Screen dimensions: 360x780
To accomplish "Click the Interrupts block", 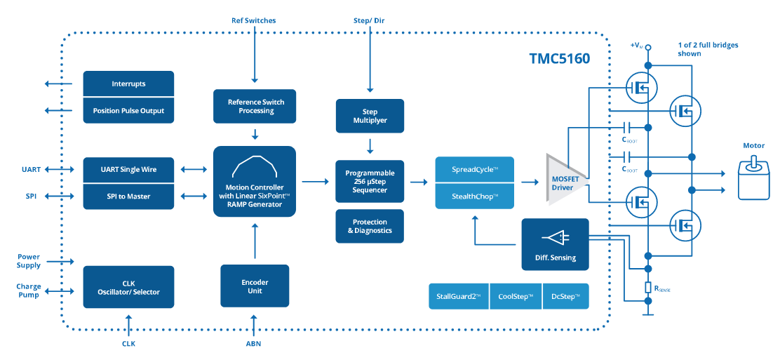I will coord(128,84).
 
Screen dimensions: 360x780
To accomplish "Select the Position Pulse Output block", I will coord(128,111).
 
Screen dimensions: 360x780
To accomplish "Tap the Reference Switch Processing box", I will coord(255,106).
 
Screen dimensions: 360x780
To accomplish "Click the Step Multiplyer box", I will coord(370,116).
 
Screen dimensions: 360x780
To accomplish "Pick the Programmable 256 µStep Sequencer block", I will coord(370,182).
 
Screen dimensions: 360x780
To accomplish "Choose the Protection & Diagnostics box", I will coord(370,226).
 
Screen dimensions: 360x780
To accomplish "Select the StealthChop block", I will coord(475,196).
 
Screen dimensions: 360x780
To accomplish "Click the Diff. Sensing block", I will coord(555,244).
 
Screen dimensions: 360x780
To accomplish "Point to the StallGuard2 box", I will coord(458,296).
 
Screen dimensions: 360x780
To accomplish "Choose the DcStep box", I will coord(565,296).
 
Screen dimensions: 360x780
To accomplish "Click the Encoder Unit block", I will coord(255,286).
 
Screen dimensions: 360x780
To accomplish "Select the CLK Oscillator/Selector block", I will coord(128,287).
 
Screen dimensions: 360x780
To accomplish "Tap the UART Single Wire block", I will coord(128,169).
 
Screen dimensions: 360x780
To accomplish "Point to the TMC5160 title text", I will coord(559,59).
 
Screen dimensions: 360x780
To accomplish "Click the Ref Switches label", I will coord(254,20).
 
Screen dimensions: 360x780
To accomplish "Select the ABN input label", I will coord(254,344).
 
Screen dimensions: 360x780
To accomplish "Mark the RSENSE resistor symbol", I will coord(647,288).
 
